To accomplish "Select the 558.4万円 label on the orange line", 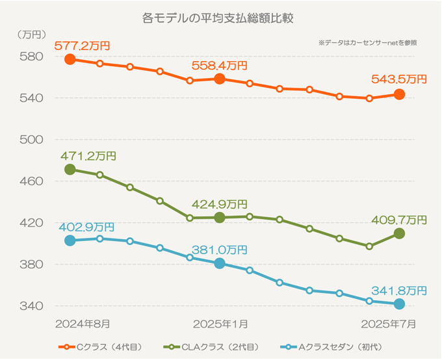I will (219, 66).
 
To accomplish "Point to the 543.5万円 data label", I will (399, 79).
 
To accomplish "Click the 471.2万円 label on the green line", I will (88, 156).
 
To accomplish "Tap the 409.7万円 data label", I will (399, 220).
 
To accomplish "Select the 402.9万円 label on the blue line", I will (86, 227).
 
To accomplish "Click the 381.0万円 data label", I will (219, 250).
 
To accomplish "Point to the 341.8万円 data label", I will (399, 290).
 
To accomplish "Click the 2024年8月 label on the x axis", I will (83, 322).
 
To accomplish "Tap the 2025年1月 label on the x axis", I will (219, 322).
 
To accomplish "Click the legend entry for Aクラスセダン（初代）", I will (339, 347).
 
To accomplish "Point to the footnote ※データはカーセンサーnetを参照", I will (367, 42).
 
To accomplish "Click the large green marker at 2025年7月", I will (399, 233).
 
